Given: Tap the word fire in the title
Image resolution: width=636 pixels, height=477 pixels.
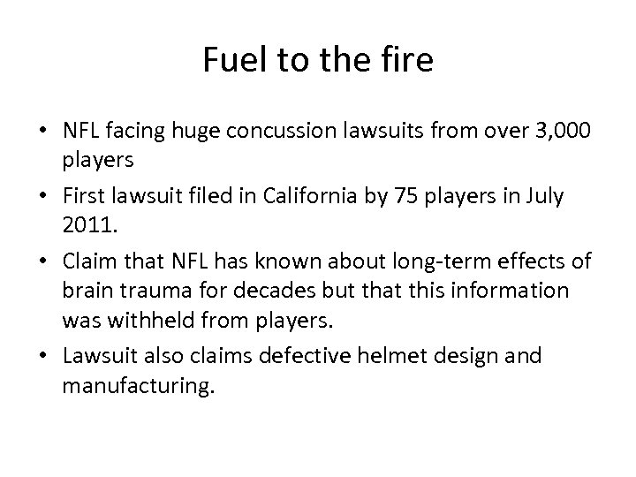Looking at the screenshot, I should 407,60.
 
